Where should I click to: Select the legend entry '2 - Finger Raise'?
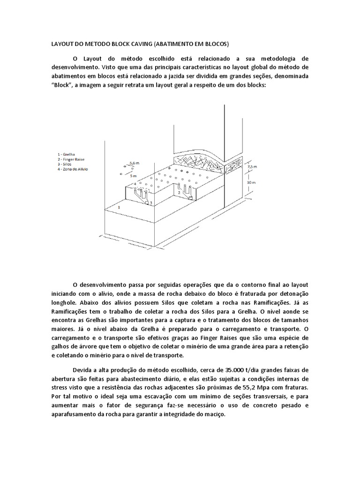point(68,158)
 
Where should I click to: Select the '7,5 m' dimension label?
point(253,167)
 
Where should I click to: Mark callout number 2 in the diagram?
point(179,193)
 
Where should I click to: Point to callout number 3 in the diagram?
point(150,202)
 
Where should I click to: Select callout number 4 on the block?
point(135,183)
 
